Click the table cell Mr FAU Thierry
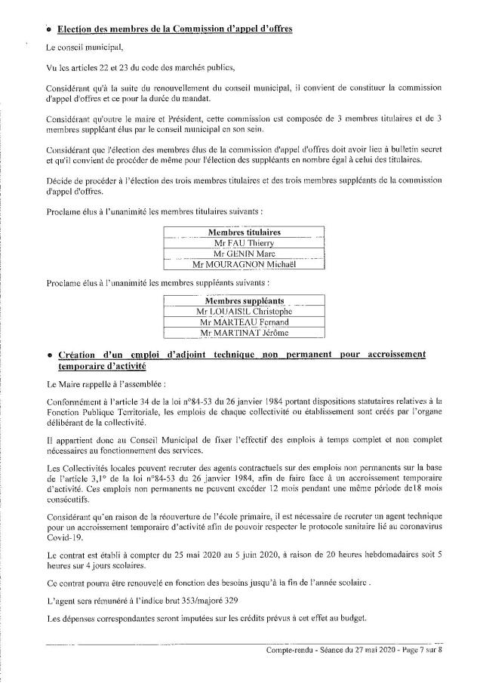pyautogui.click(x=243, y=244)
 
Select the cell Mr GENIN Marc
pyautogui.click(x=243, y=254)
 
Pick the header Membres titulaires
pyautogui.click(x=243, y=232)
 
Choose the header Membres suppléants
pyautogui.click(x=243, y=300)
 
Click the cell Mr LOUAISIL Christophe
pyautogui.click(x=243, y=311)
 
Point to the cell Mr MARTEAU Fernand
pyautogui.click(x=243, y=322)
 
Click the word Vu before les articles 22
pyautogui.click(x=51, y=68)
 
